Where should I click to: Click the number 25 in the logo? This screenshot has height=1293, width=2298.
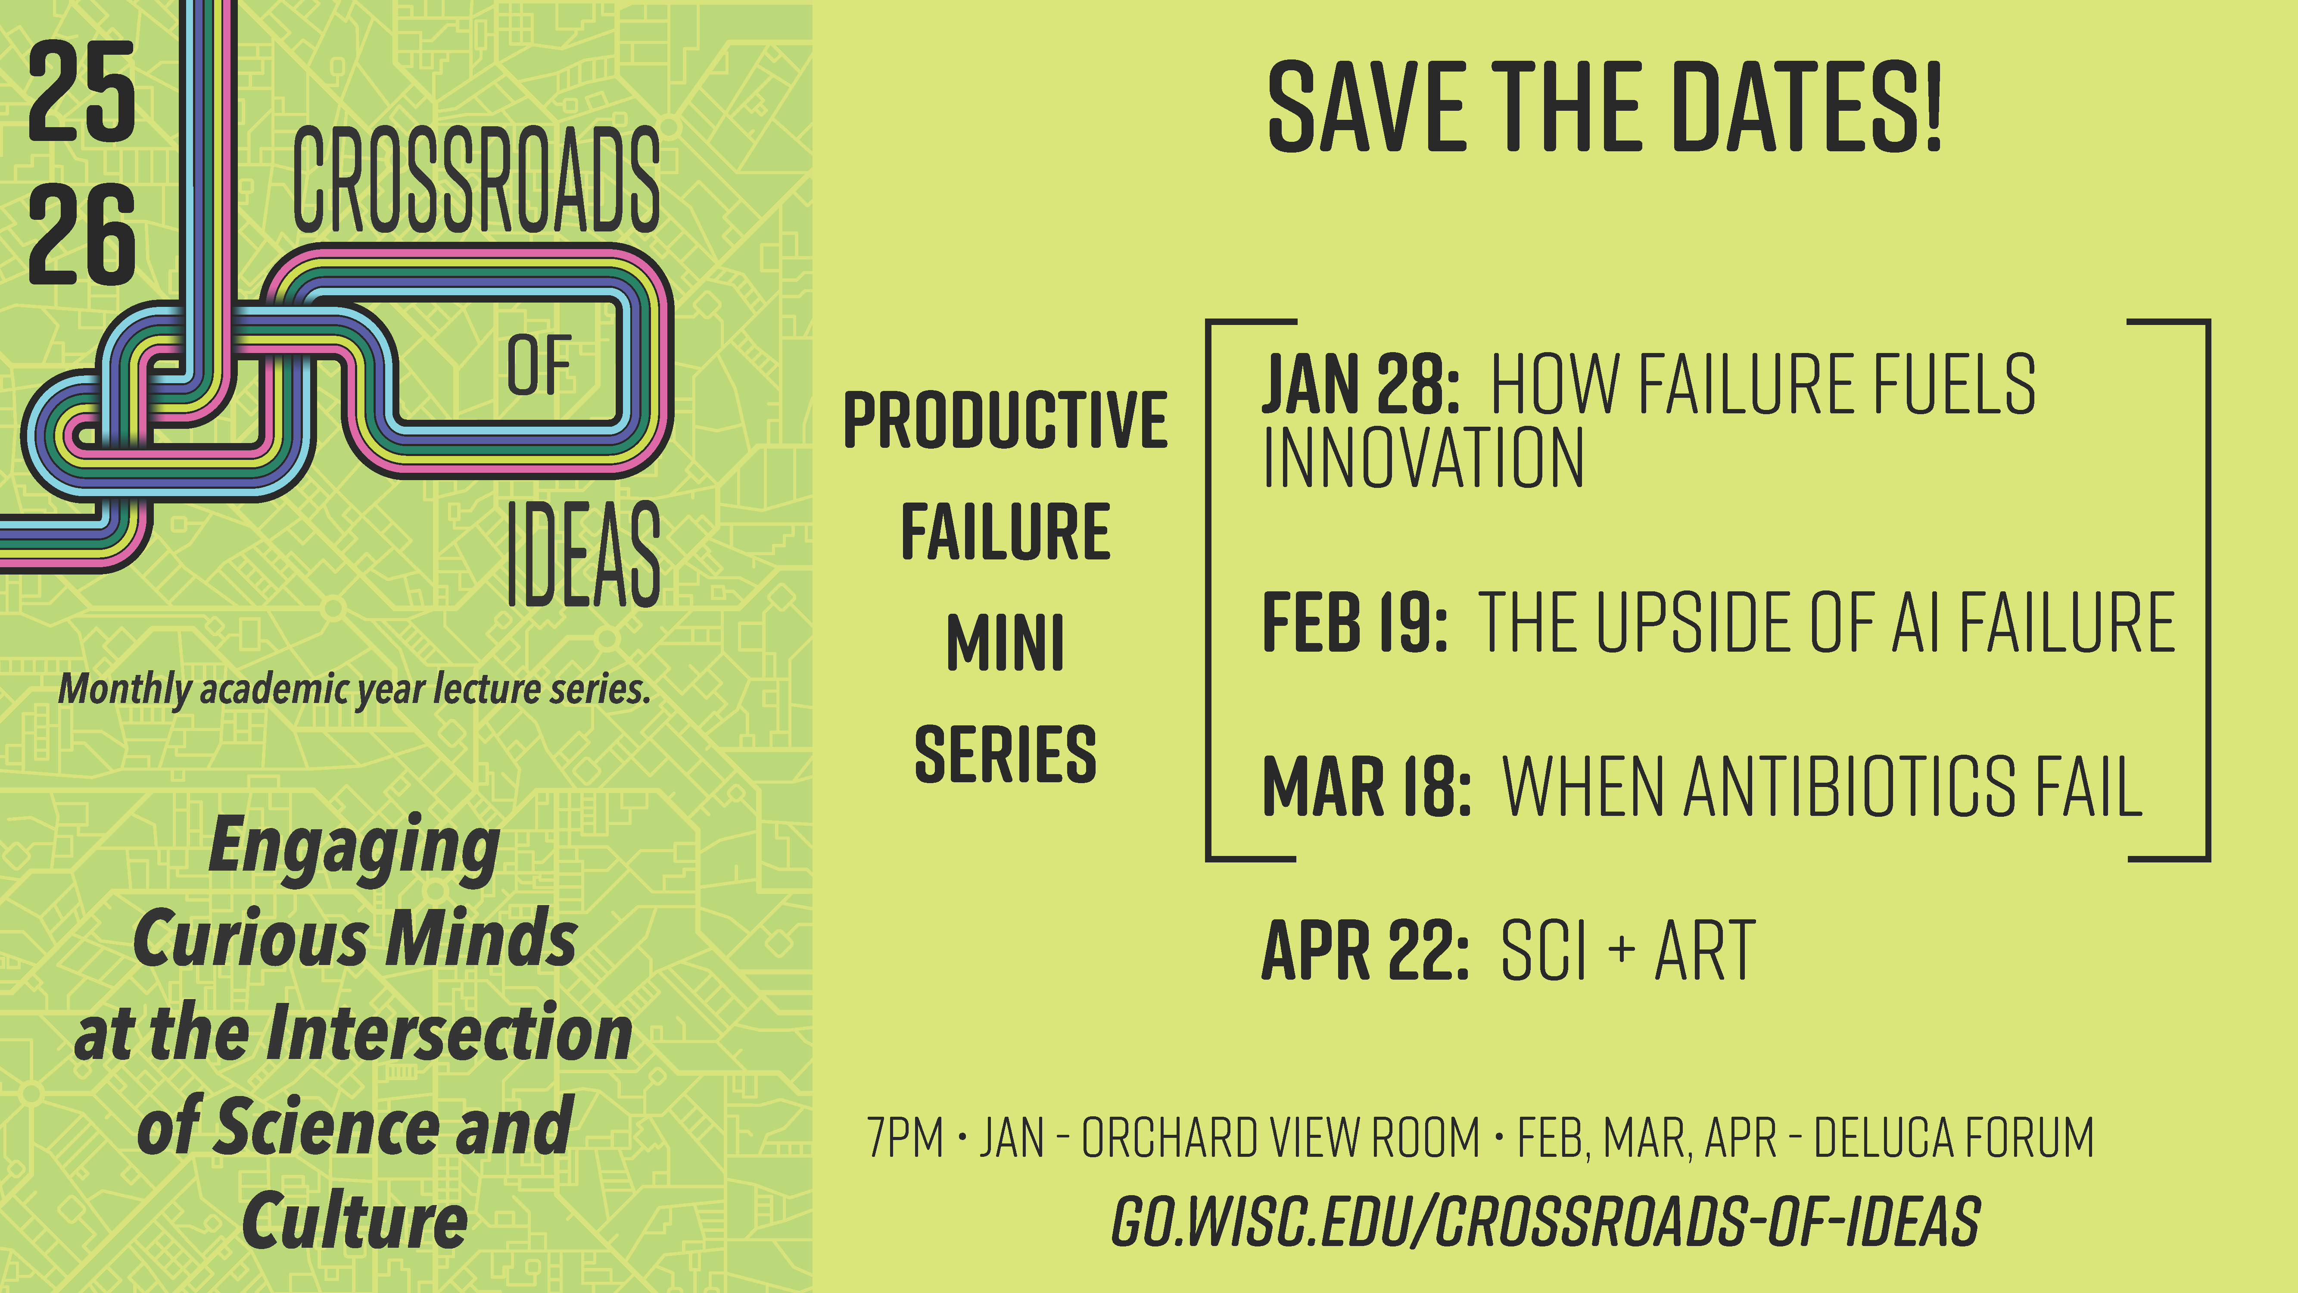point(82,93)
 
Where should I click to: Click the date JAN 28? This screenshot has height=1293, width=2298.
point(1360,384)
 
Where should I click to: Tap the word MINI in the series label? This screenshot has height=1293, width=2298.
point(1006,643)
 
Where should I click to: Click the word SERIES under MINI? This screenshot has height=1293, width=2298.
point(1006,754)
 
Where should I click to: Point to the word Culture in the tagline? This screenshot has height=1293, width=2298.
point(355,1220)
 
